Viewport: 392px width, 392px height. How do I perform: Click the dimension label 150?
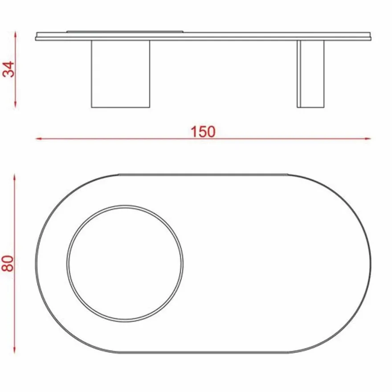(203, 132)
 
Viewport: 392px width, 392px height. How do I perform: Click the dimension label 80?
(8, 263)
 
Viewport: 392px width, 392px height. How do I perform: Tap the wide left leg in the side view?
(121, 74)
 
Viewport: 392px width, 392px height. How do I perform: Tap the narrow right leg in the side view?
(310, 74)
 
